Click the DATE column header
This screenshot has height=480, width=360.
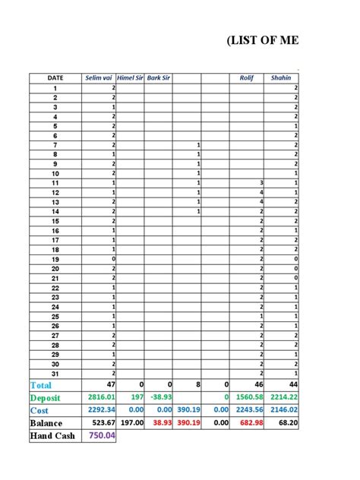(55, 77)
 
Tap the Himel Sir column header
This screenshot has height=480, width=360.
(130, 77)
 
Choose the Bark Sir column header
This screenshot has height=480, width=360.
(159, 77)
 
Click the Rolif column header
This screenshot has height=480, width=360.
(246, 77)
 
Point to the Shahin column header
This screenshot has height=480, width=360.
(281, 77)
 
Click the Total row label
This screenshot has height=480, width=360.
(42, 385)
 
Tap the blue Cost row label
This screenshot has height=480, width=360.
(40, 410)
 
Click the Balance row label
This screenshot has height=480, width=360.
(49, 423)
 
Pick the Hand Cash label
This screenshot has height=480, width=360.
(52, 436)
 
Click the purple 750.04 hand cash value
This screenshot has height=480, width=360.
(101, 436)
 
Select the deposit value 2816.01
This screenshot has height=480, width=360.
(100, 397)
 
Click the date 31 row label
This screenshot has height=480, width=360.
(55, 374)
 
